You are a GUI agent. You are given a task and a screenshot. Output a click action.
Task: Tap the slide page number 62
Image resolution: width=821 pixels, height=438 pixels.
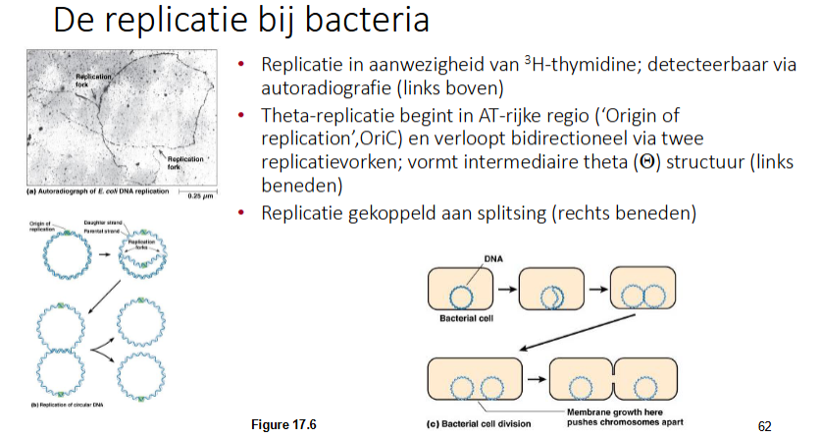766,426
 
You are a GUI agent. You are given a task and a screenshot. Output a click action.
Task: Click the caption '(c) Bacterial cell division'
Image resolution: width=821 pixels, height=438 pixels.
477,424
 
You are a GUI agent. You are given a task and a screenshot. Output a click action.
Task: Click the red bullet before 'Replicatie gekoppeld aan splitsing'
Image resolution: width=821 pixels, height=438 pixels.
244,211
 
